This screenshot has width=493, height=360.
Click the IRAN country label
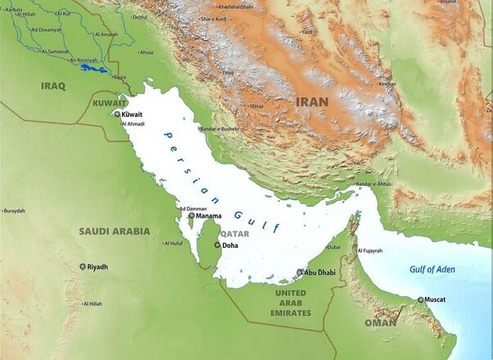pyautogui.click(x=312, y=101)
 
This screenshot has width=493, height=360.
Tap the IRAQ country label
pyautogui.click(x=53, y=84)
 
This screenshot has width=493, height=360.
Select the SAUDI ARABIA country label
pyautogui.click(x=114, y=232)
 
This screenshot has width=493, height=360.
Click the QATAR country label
pyautogui.click(x=211, y=233)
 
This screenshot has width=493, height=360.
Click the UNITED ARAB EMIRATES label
pyautogui.click(x=293, y=303)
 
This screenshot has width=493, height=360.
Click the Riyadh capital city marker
pyautogui.click(x=83, y=267)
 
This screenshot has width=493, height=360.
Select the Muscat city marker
pyautogui.click(x=421, y=299)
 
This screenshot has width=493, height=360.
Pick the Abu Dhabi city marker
pyautogui.click(x=301, y=272)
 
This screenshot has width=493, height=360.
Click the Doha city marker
pyautogui.click(x=217, y=245)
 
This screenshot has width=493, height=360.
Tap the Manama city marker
pyautogui.click(x=192, y=216)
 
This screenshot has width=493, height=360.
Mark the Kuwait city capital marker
pyautogui.click(x=116, y=115)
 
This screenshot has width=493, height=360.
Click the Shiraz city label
pyautogui.click(x=256, y=106)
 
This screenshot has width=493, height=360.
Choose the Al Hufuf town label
pyautogui.click(x=173, y=243)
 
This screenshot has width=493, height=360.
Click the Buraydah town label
pyautogui.click(x=14, y=211)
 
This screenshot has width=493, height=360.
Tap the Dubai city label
pyautogui.click(x=333, y=246)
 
